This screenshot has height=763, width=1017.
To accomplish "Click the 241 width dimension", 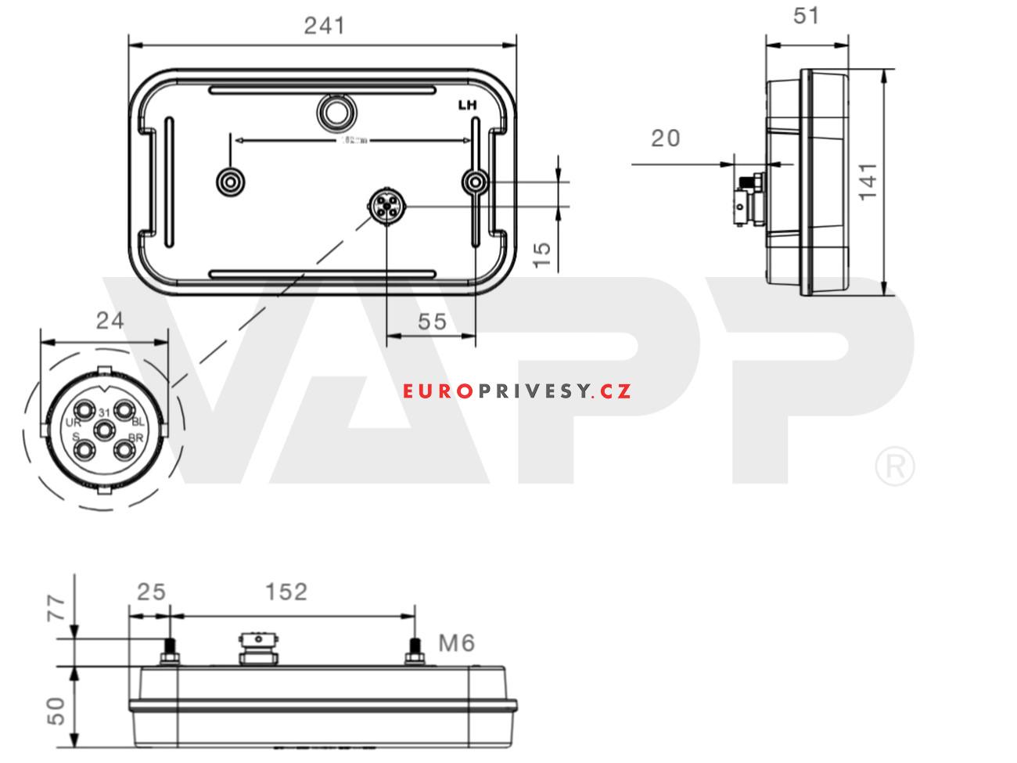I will (324, 26).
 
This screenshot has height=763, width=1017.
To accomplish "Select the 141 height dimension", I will (868, 182).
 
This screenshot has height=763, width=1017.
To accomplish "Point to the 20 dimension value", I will (665, 139).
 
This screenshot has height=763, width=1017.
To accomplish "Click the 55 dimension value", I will (432, 321).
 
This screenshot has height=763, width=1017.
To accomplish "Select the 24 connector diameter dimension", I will (110, 321).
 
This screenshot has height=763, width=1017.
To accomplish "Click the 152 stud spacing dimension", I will (286, 592).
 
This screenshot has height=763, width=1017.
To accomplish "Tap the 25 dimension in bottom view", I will (152, 592).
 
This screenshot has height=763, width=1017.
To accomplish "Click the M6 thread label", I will (456, 643).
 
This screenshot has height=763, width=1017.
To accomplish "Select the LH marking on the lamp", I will (467, 103).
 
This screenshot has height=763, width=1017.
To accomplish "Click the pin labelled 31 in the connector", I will (104, 412).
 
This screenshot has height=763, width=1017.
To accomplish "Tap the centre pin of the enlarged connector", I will (103, 430).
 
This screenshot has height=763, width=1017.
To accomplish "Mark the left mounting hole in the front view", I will (230, 182).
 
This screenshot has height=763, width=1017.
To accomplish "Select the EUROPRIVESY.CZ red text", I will (517, 390).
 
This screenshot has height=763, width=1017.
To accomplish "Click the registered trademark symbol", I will (893, 467).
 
